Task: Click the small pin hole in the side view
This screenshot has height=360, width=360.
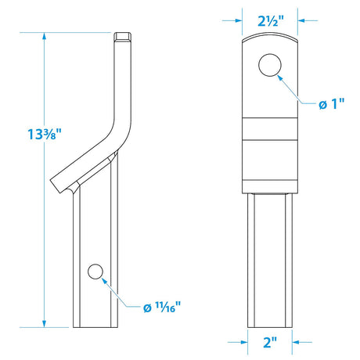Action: point(95,272)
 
